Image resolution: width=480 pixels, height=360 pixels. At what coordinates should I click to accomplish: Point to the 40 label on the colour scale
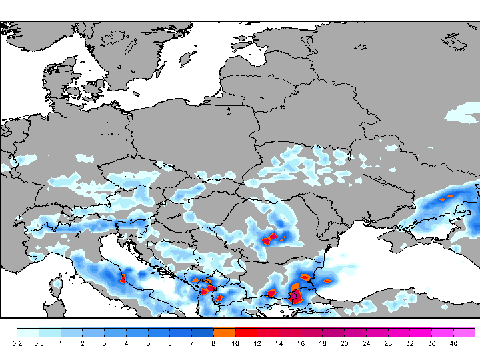[453, 343]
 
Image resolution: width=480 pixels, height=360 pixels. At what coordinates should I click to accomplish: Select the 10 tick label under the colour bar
[235, 343]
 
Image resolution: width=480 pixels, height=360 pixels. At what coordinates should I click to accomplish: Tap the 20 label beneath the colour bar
[344, 343]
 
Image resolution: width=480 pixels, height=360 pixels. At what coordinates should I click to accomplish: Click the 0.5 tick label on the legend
[39, 343]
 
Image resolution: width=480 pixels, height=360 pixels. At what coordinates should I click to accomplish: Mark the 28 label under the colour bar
[388, 343]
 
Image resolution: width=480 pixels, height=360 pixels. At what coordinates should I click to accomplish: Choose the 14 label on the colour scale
[279, 343]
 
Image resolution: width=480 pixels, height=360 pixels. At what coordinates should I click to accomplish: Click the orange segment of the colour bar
[224, 332]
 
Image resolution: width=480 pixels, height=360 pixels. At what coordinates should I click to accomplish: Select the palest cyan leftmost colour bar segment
[27, 332]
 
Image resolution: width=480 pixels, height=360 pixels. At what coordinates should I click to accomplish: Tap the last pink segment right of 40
[465, 332]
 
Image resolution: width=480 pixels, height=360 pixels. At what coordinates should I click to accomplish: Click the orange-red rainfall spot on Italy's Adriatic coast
[123, 278]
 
